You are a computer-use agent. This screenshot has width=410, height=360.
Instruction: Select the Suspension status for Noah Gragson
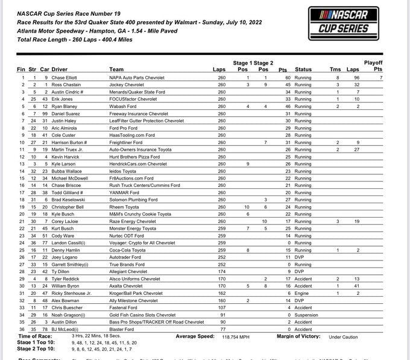tap(307, 315)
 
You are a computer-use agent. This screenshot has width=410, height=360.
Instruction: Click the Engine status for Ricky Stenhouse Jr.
tap(302, 294)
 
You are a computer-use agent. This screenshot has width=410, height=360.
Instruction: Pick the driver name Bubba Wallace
tap(68, 171)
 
